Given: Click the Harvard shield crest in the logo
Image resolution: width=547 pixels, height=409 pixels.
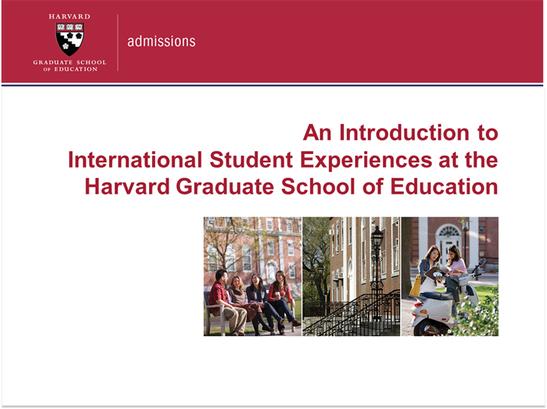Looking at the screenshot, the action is point(70,39).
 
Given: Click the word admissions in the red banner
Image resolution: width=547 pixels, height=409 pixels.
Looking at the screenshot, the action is point(161,41).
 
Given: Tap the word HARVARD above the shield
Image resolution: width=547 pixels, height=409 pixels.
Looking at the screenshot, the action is point(69,17).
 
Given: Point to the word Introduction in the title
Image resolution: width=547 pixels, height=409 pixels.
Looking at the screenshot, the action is point(404,133).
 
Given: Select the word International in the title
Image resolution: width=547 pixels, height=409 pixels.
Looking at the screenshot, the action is point(135,159).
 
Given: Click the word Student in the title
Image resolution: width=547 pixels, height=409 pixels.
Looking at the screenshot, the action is point(251,159).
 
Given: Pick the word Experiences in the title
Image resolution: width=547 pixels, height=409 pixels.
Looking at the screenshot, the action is point(366,161).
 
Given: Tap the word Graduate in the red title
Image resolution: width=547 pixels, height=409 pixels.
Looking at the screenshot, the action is point(225,186).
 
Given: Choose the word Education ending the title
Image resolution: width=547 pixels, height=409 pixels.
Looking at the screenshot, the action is point(444,186).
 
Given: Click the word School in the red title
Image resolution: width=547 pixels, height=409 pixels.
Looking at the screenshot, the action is point(318,186).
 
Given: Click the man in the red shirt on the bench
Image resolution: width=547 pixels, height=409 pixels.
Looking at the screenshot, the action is point(226,302).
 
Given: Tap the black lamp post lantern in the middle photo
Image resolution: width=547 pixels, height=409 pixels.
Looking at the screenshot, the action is point(377,237).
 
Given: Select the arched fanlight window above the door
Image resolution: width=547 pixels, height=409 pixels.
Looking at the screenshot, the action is point(448,231).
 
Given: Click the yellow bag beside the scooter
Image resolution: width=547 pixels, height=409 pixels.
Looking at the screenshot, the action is point(415,285).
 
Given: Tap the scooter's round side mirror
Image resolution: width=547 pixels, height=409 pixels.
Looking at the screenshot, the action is point(482,262).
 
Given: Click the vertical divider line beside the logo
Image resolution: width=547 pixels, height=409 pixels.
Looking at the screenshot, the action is point(118,43).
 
